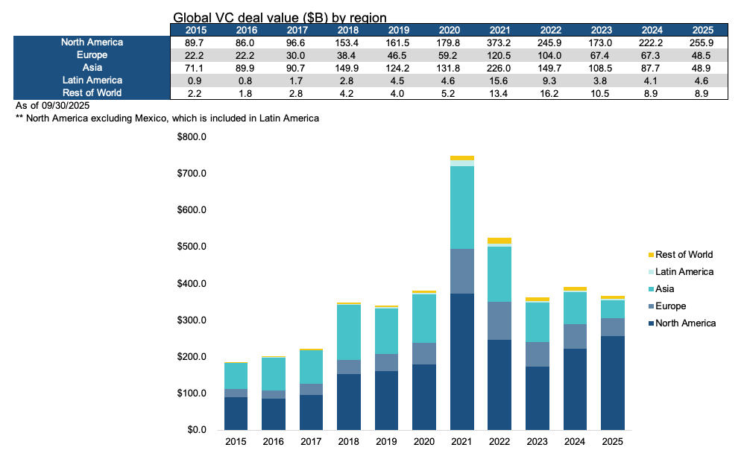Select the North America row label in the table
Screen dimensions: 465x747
pyautogui.click(x=92, y=42)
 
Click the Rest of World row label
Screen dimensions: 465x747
pyautogui.click(x=92, y=93)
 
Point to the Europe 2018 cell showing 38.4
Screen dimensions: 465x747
pyautogui.click(x=348, y=55)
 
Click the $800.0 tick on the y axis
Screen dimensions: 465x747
pyautogui.click(x=191, y=137)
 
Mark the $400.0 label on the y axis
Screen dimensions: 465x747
pyautogui.click(x=191, y=284)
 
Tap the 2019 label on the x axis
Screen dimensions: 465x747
pyautogui.click(x=386, y=441)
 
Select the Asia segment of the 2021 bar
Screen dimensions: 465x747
pyautogui.click(x=461, y=207)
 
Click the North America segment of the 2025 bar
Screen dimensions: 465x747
pyautogui.click(x=612, y=383)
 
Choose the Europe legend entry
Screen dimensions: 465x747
pyautogui.click(x=670, y=306)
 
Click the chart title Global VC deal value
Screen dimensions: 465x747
pyautogui.click(x=280, y=17)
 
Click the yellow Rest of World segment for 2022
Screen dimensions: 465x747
pyautogui.click(x=499, y=241)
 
